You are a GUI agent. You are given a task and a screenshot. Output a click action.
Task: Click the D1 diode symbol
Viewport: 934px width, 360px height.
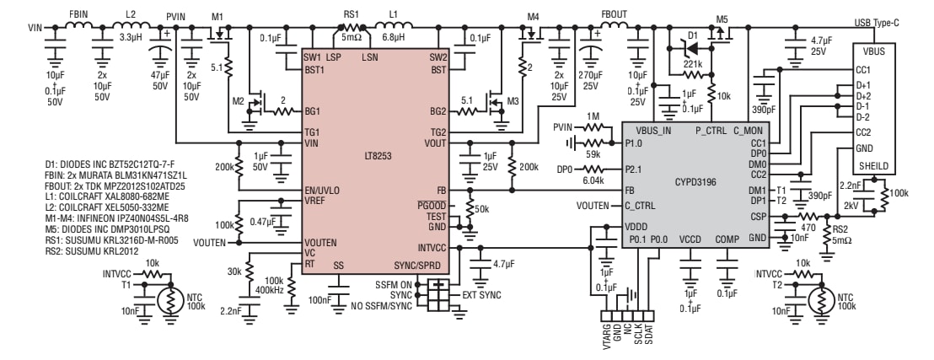click(x=691, y=46)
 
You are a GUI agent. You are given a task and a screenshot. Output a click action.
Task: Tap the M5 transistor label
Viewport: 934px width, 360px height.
click(x=722, y=17)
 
